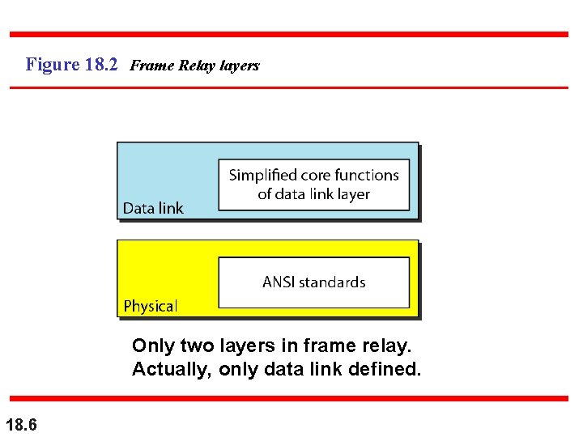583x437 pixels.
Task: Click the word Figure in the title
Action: coord(53,64)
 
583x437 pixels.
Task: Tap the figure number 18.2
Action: coord(101,64)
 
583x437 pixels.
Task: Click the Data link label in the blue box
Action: coord(153,208)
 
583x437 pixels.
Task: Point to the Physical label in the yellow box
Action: coord(150,306)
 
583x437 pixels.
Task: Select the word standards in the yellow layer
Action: coord(333,282)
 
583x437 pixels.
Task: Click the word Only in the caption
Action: coord(153,346)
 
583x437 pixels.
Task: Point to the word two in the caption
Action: coord(198,346)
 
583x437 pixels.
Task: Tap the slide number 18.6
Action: coord(21,424)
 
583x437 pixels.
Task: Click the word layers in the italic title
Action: coord(239,66)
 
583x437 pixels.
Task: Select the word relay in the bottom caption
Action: coord(385,346)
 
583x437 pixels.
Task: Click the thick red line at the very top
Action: coord(289,35)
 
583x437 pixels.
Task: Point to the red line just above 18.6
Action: coord(289,398)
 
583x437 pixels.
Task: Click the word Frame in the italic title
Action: coord(146,66)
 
